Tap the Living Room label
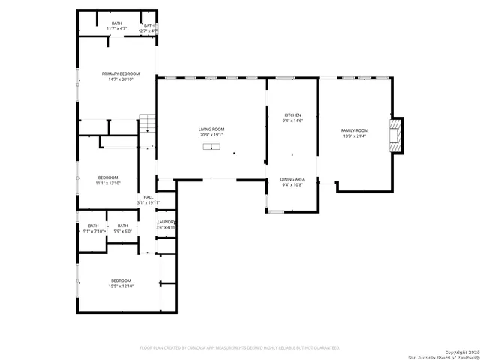pos(211,130)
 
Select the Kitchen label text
pos(292,115)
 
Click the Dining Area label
pos(292,179)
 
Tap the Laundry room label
pos(166,222)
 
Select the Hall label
pos(148,197)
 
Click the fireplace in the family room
pos(394,136)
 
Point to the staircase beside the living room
pos(148,124)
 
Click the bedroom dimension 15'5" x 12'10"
pos(120,286)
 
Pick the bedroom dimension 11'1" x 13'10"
pos(107,183)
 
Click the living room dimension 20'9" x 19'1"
pos(211,136)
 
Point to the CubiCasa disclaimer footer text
pos(240,347)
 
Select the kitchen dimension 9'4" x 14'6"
pos(292,121)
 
